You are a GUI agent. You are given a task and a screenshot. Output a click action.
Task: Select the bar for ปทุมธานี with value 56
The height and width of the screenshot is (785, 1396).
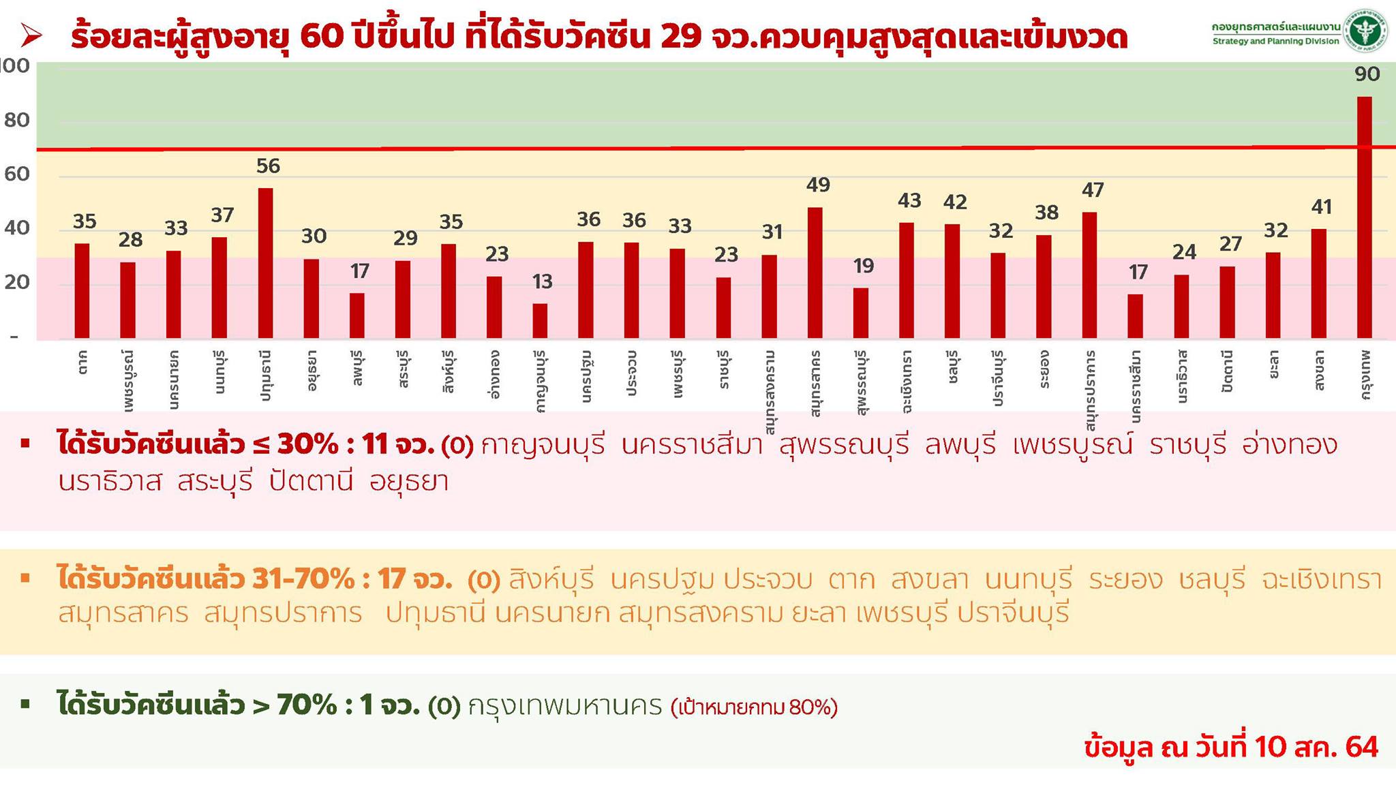pyautogui.click(x=265, y=263)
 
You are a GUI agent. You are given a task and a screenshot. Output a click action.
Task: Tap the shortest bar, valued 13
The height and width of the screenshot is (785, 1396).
pyautogui.click(x=540, y=320)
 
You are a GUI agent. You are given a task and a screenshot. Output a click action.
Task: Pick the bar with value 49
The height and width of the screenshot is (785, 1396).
pyautogui.click(x=815, y=273)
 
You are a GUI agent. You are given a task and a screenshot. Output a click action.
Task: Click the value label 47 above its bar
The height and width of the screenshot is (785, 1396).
pyautogui.click(x=1093, y=190)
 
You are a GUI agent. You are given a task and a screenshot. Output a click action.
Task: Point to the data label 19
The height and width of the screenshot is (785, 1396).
pyautogui.click(x=863, y=266)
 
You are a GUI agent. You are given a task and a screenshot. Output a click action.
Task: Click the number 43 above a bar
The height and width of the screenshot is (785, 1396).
pyautogui.click(x=909, y=200)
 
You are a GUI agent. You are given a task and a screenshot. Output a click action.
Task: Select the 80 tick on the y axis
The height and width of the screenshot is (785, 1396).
pyautogui.click(x=17, y=121)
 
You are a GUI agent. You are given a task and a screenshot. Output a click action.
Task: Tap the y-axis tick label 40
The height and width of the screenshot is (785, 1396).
pyautogui.click(x=17, y=228)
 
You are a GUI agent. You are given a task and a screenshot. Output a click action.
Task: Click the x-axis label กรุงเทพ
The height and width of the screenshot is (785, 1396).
pyautogui.click(x=1365, y=374)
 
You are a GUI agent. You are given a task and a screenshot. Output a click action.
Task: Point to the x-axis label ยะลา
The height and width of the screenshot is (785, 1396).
pyautogui.click(x=1273, y=368)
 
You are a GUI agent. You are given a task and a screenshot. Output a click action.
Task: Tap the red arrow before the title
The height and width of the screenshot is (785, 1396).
pyautogui.click(x=31, y=35)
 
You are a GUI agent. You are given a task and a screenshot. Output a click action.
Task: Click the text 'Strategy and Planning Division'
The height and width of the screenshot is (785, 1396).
pyautogui.click(x=1275, y=42)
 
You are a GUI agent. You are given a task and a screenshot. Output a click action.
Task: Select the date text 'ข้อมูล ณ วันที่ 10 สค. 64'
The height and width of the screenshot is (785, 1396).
pyautogui.click(x=1231, y=747)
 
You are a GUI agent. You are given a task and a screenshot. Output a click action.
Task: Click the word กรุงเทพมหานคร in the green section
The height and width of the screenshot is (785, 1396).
pyautogui.click(x=565, y=707)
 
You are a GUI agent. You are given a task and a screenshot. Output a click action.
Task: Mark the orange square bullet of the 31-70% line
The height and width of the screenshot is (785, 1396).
pyautogui.click(x=26, y=579)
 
